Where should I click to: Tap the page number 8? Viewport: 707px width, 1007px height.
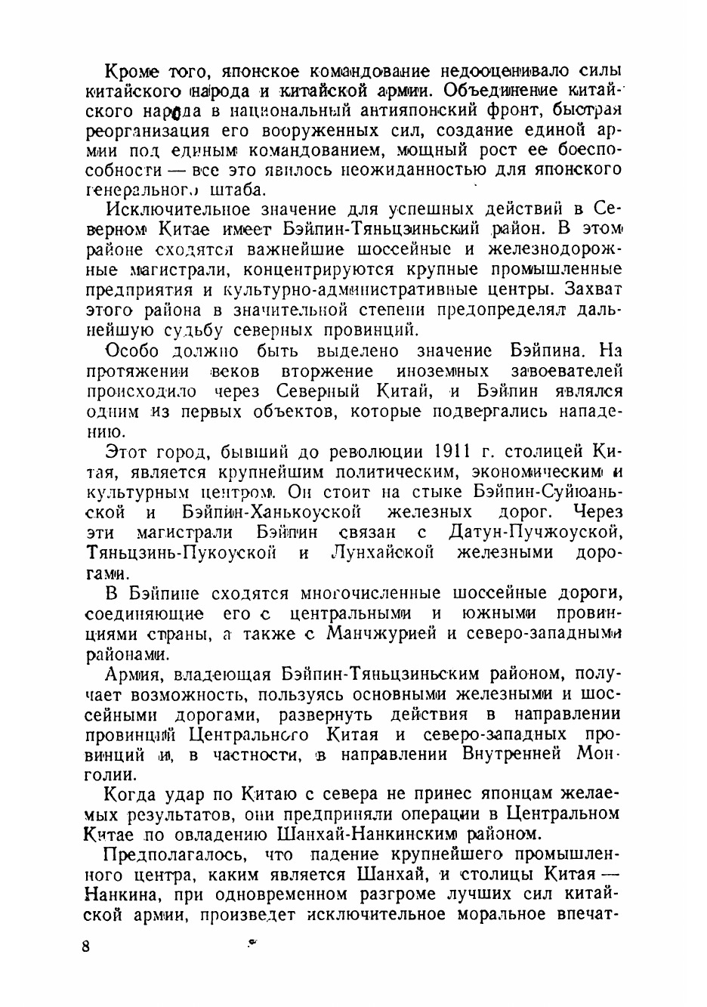tap(86, 947)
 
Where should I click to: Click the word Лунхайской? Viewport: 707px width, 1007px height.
tap(383, 553)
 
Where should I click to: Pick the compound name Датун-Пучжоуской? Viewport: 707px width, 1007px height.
tap(535, 533)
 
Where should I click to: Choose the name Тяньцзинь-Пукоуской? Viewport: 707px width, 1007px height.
tap(181, 553)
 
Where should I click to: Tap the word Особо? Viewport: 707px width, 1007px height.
tap(132, 351)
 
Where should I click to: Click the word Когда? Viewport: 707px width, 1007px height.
tap(131, 794)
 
